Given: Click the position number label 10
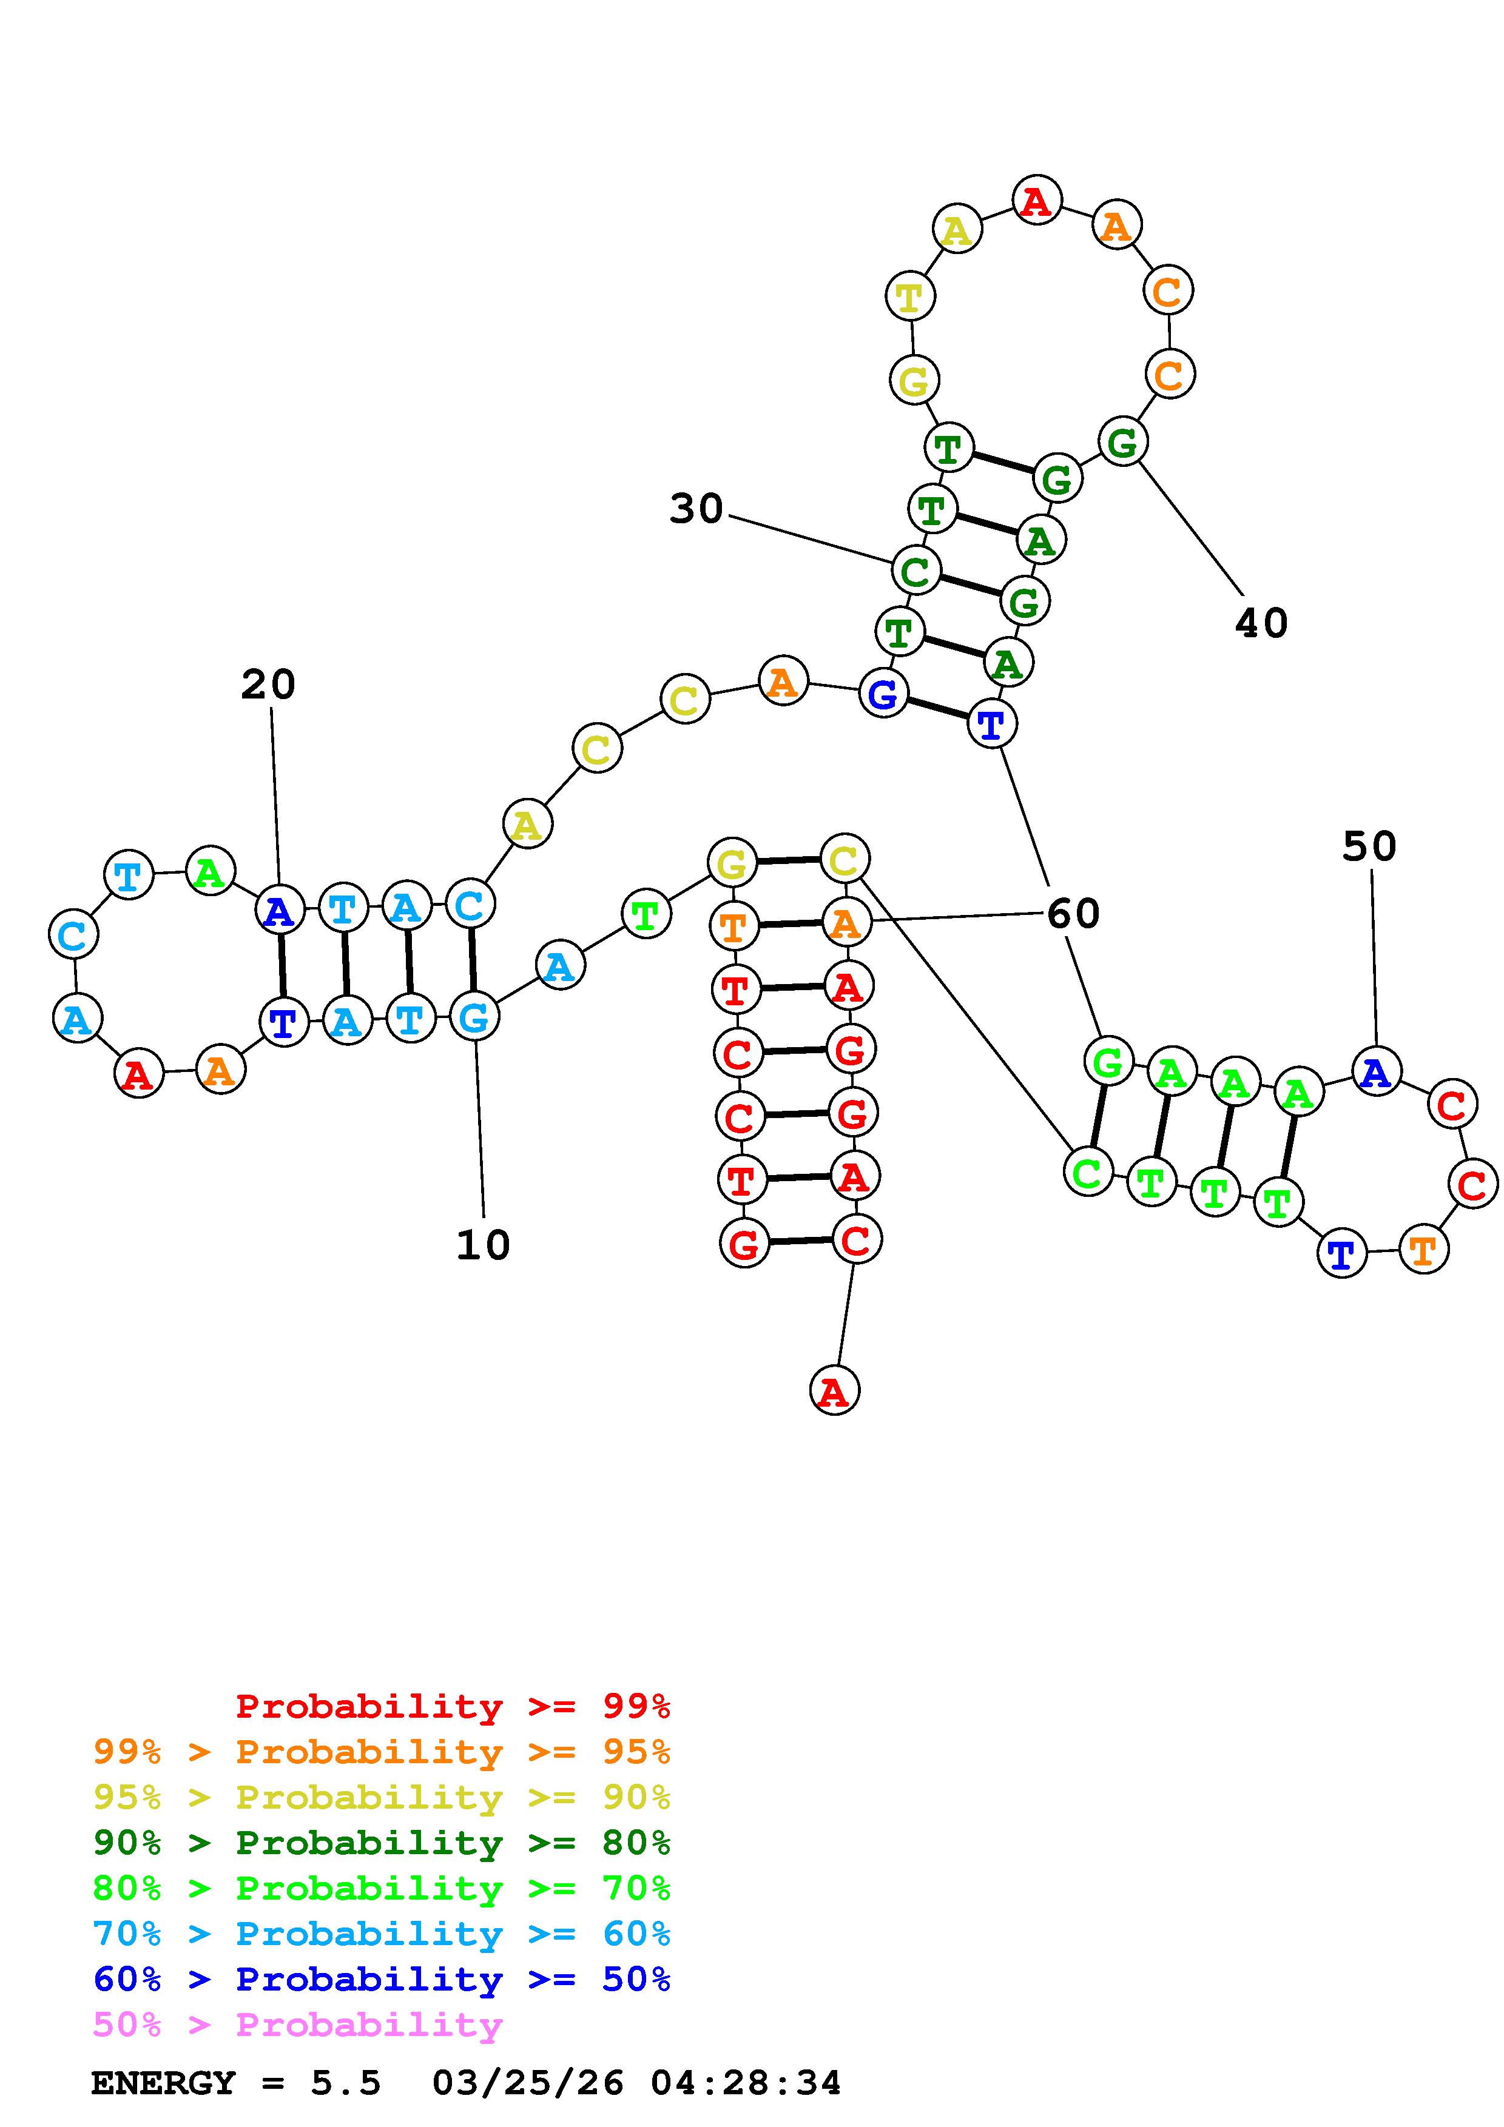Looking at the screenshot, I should coord(483,1245).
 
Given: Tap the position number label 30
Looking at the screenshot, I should coord(696,509).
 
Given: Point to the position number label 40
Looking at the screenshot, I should coord(1261,623).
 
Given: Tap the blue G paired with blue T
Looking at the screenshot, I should coord(883,693).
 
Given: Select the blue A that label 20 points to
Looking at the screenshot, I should coord(279,911).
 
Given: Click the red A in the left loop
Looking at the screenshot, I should coord(138,1074).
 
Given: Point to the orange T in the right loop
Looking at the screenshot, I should coord(1423,1250).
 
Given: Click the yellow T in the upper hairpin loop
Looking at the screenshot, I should coord(910,297).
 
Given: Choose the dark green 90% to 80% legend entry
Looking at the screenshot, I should coord(381,1843).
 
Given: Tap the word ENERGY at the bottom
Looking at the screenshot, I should coord(163,2083).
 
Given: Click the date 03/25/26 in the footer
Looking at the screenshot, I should coord(527,2083).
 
